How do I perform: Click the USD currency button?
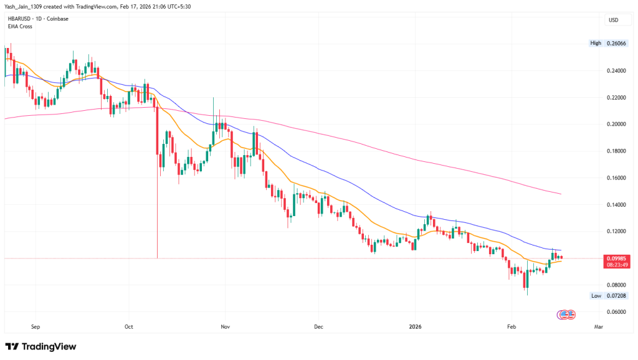[x=613, y=20]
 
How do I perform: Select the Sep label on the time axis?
[x=35, y=326]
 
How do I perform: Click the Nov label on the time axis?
[x=226, y=326]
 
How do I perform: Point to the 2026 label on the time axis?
[x=416, y=326]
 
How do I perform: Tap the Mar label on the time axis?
[x=599, y=326]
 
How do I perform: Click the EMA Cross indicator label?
[x=19, y=26]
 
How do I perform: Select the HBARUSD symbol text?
[x=19, y=19]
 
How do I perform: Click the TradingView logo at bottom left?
[x=40, y=346]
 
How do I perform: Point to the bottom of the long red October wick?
[x=157, y=258]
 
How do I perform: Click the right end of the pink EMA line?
[x=561, y=194]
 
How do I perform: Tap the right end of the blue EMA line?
[x=561, y=250]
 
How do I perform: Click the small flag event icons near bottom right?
[x=564, y=313]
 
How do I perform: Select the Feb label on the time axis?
[x=511, y=326]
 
